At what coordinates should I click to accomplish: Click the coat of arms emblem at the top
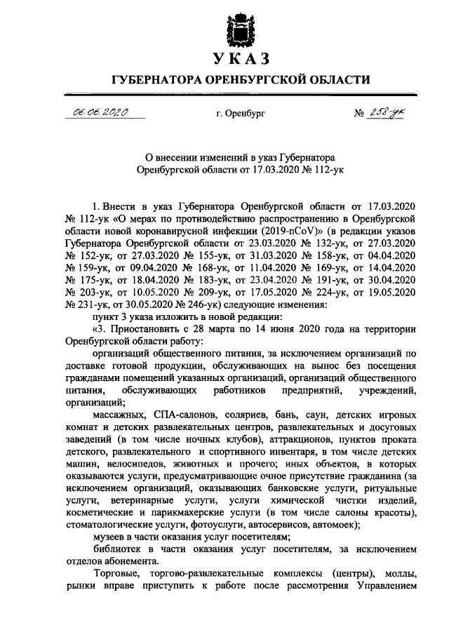[x=241, y=25]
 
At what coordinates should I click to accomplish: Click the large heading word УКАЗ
[x=241, y=57]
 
